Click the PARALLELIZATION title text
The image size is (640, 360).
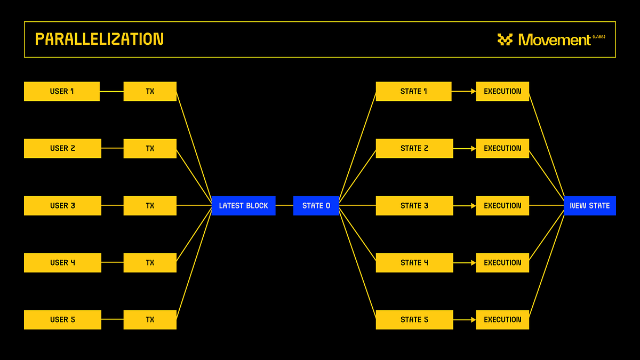(99, 39)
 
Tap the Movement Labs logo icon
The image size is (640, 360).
(505, 39)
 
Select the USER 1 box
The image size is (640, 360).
(62, 91)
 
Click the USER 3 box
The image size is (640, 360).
(62, 205)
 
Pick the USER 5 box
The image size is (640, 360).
(62, 319)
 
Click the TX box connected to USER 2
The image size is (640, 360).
(150, 148)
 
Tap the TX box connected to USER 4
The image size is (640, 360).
(150, 262)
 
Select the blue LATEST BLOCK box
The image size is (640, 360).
(243, 205)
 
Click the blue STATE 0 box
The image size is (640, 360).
(316, 205)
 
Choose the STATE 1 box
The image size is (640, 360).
(413, 91)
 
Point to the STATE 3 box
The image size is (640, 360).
(414, 205)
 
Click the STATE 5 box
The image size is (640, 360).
(414, 319)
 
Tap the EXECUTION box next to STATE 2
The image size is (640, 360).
(502, 148)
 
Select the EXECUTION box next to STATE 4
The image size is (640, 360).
(502, 262)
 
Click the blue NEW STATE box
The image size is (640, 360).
(589, 205)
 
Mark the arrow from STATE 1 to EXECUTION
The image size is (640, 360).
(464, 91)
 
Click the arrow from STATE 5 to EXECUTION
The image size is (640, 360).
(465, 319)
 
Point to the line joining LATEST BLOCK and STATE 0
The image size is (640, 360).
(284, 205)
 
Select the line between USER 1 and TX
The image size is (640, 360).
(111, 91)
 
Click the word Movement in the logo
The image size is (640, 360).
(554, 40)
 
